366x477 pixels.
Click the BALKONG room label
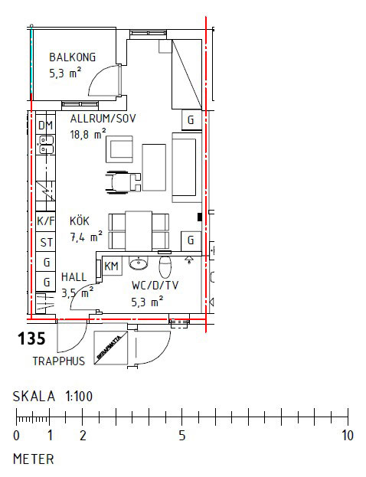click(73, 57)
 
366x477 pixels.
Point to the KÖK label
click(80, 221)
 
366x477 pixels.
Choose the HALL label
click(74, 277)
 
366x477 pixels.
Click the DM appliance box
click(46, 126)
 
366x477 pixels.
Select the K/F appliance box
click(46, 222)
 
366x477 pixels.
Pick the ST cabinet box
click(46, 243)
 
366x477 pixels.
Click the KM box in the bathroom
click(111, 266)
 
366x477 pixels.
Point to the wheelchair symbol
click(123, 181)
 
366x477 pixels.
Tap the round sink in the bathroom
click(139, 265)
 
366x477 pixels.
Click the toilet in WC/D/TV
click(165, 267)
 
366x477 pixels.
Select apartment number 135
click(31, 338)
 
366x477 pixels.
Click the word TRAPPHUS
click(58, 361)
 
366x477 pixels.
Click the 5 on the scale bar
click(182, 436)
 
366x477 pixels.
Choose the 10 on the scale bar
click(347, 436)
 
